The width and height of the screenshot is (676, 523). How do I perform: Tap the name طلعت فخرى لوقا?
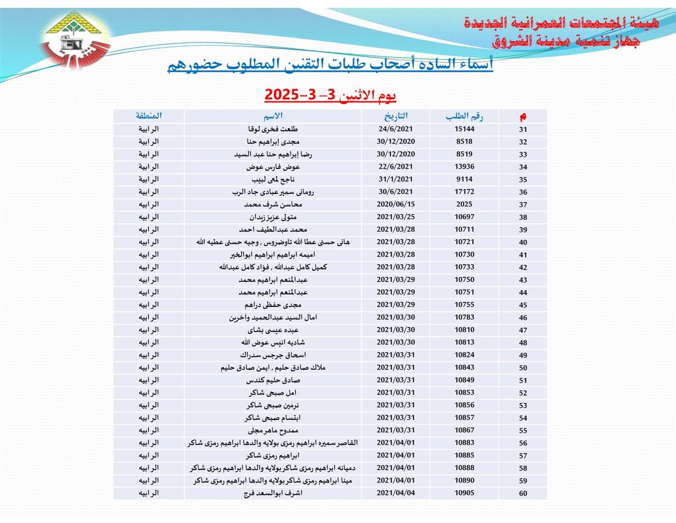[274, 130]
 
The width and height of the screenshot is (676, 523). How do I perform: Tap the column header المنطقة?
[149, 117]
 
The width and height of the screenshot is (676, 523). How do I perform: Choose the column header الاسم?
[274, 117]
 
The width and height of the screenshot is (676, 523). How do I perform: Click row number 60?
[523, 494]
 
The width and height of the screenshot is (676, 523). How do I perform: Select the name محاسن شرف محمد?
[274, 205]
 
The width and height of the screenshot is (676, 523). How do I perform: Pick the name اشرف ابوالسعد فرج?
[274, 493]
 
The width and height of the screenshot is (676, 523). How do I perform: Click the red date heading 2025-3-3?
[331, 94]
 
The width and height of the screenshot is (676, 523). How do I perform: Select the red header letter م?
[523, 117]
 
